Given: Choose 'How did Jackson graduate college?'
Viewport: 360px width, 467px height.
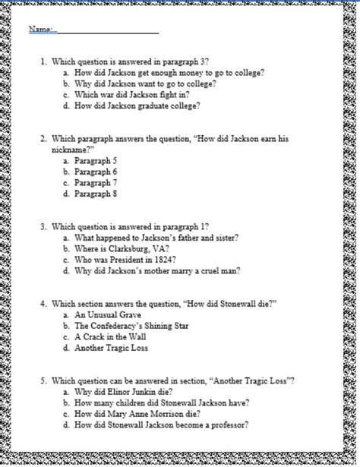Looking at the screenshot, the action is [x=137, y=106].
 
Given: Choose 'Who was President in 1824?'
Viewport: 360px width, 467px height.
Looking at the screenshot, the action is [x=125, y=260].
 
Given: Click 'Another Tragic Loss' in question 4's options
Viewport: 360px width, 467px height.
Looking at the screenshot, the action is [x=111, y=348].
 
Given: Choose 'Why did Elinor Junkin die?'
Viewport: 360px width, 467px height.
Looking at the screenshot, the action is [x=125, y=392].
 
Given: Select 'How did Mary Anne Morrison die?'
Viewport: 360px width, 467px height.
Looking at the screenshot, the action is [x=141, y=414].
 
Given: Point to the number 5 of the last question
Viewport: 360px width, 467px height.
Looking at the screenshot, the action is [x=44, y=380].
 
